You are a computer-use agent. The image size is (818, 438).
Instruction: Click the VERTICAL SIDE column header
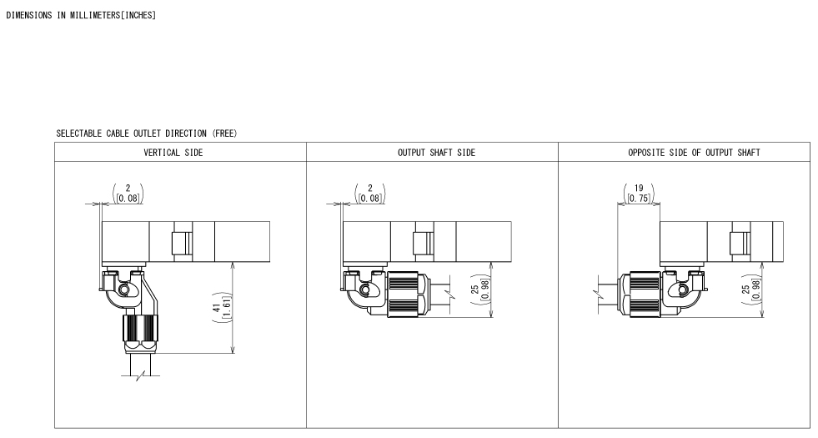click(173, 153)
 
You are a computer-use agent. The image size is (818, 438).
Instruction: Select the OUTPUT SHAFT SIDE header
click(437, 153)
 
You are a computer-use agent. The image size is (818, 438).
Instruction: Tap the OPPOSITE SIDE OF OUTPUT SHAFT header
click(694, 153)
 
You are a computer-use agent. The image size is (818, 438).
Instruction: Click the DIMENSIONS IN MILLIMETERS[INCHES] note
click(81, 15)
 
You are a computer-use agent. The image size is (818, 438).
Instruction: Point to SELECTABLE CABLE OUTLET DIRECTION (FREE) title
click(147, 133)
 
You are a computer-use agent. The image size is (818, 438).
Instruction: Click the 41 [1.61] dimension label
click(222, 308)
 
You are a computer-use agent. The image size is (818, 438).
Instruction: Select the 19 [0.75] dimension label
click(639, 194)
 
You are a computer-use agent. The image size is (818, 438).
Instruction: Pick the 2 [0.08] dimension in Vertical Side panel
click(128, 194)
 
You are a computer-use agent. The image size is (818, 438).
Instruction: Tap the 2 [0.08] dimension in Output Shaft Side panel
click(370, 194)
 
